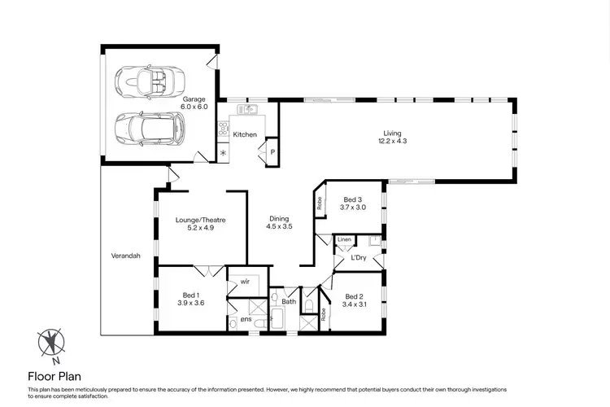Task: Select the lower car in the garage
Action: click(x=150, y=127)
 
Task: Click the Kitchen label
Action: click(x=245, y=134)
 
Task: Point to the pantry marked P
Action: click(x=272, y=151)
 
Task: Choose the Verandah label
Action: click(x=126, y=256)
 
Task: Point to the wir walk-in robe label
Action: click(x=244, y=282)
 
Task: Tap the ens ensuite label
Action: click(x=245, y=320)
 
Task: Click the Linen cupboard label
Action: click(x=344, y=239)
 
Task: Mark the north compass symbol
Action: click(x=53, y=343)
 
